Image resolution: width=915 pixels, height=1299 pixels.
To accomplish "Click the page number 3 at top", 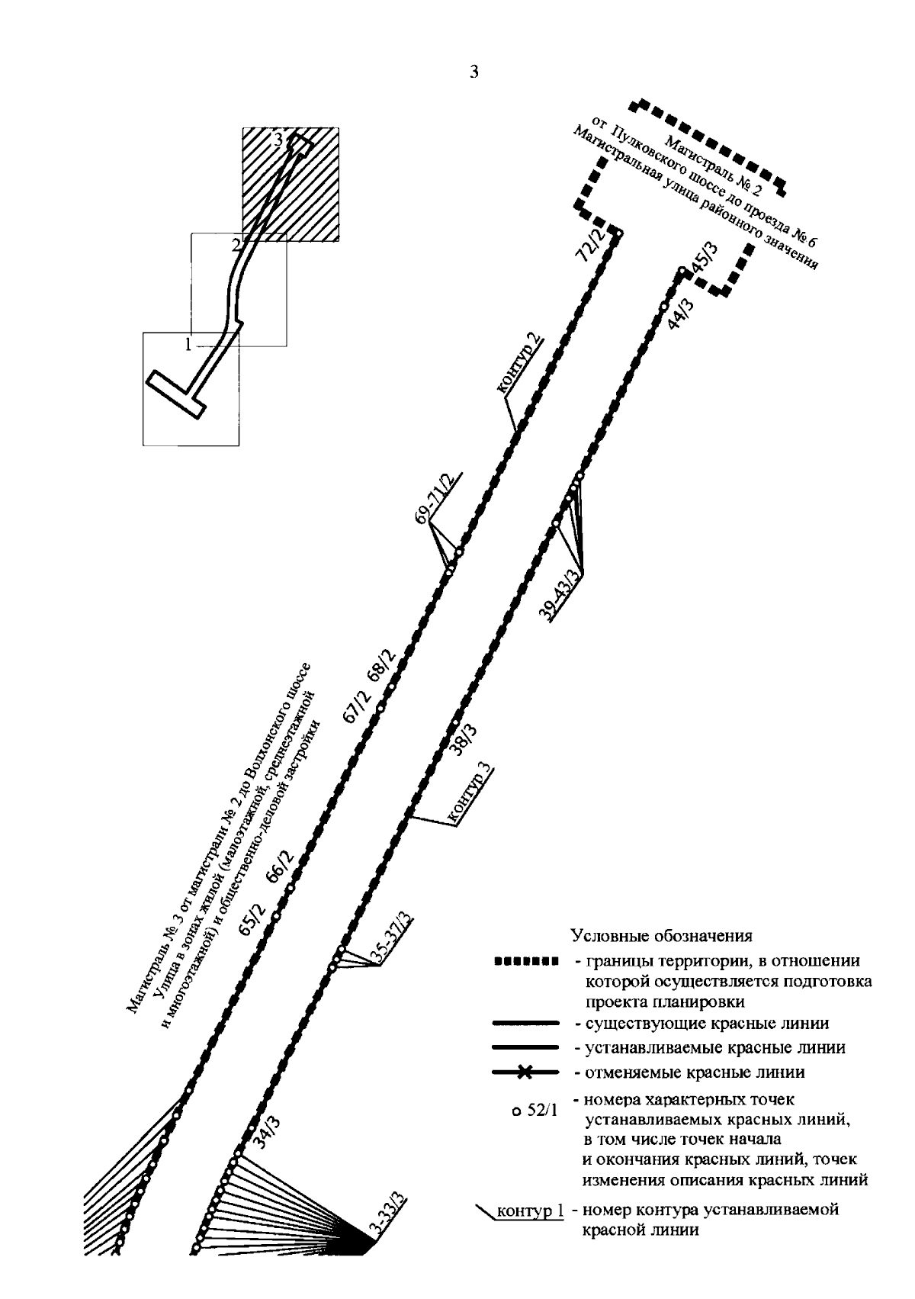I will click(x=474, y=73).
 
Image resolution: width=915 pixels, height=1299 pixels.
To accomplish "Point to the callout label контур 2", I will click(x=520, y=364).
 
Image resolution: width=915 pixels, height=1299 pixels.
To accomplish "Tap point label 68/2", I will click(x=380, y=666).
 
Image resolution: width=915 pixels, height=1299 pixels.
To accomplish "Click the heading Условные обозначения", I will click(x=662, y=935).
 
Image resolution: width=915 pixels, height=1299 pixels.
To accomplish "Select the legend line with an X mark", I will click(x=523, y=1073).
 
